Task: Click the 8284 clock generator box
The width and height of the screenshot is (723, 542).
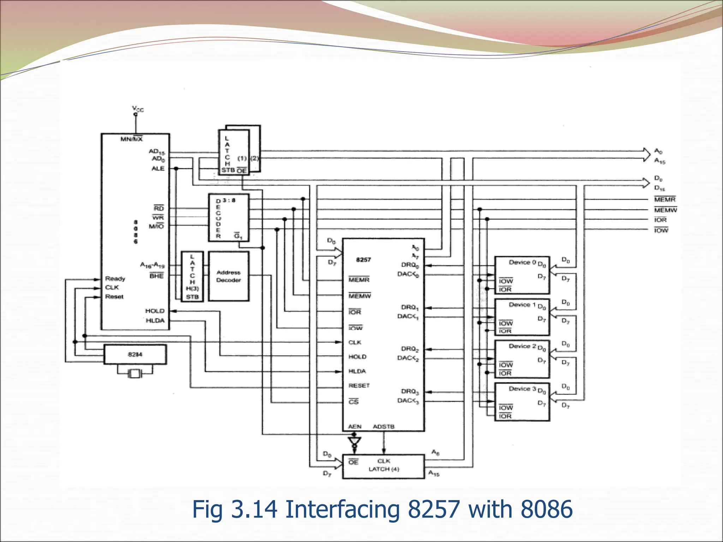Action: coord(135,354)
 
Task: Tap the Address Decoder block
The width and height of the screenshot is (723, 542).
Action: coord(228,276)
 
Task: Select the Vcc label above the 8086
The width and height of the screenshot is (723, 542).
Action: coord(138,109)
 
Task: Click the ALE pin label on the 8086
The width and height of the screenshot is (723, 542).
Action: coord(158,169)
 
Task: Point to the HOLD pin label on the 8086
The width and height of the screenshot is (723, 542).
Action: coord(155,311)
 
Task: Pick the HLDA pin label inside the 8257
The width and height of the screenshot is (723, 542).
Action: coord(357,371)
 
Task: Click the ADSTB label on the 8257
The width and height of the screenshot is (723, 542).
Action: coord(383,427)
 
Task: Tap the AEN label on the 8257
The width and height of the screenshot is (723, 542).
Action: coord(354,427)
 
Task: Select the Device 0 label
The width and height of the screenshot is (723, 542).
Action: coord(522,262)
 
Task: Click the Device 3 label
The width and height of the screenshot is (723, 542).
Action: coord(522,389)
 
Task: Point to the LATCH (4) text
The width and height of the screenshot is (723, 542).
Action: coord(384,469)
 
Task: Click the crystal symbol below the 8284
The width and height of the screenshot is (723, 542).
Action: coord(135,373)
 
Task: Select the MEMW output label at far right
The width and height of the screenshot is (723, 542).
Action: coord(665,210)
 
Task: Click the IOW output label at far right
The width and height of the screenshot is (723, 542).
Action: coord(661,230)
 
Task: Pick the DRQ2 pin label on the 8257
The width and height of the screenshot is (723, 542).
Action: coord(410,349)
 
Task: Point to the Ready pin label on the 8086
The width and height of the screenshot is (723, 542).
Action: coord(115,279)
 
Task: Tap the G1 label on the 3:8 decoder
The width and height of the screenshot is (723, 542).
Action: coord(238,236)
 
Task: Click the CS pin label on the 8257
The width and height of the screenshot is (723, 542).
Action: coord(353,402)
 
